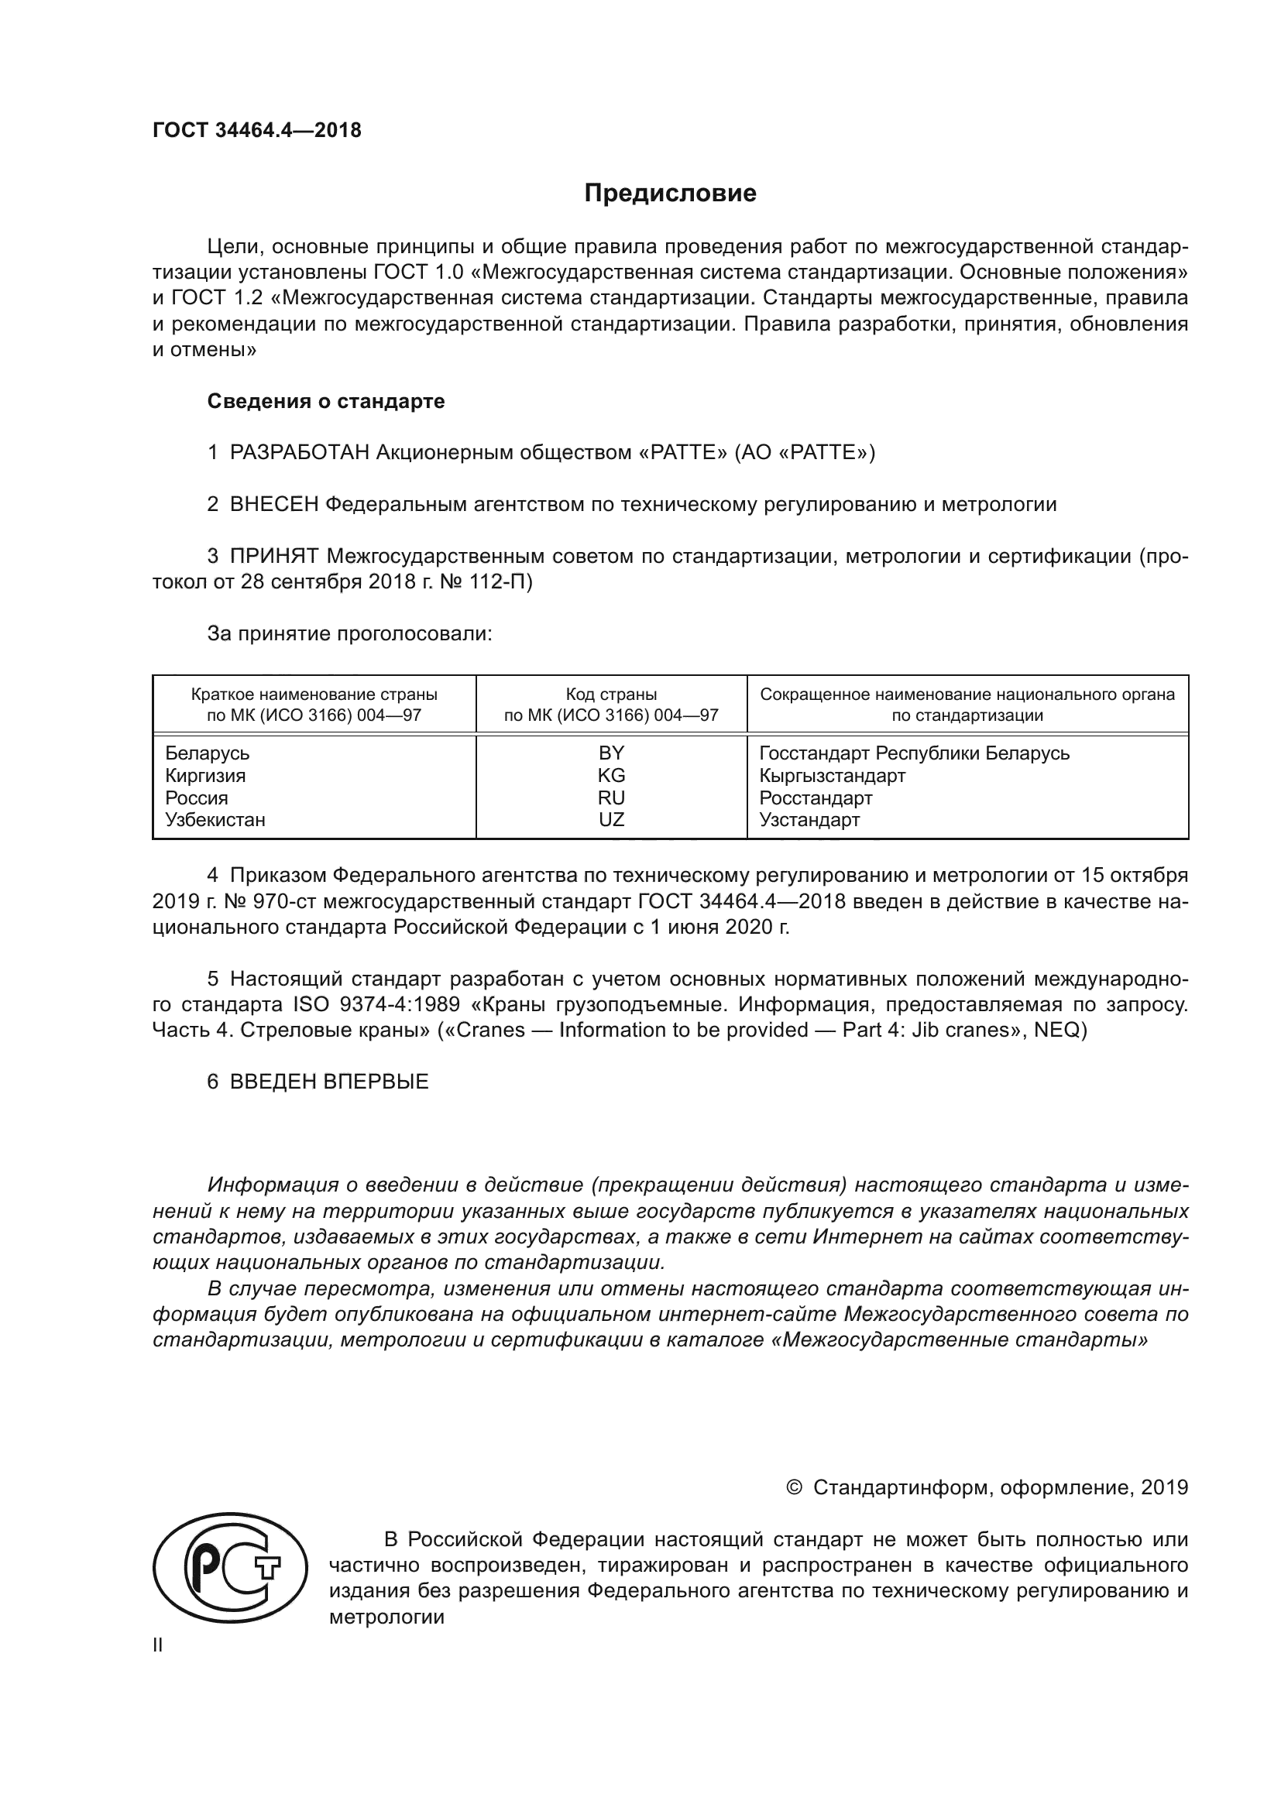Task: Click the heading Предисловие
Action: point(670,194)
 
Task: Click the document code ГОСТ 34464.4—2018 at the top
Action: point(256,130)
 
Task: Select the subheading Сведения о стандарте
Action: point(326,402)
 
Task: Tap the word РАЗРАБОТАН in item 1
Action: point(300,453)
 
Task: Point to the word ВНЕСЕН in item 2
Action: point(273,505)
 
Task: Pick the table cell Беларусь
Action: point(207,753)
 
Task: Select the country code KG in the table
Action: point(610,775)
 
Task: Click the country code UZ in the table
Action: point(610,819)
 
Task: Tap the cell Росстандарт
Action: point(816,797)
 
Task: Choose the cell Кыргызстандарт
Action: point(832,775)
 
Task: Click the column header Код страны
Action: point(610,695)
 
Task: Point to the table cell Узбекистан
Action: point(215,819)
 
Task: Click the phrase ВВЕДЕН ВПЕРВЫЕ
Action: point(329,1082)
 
